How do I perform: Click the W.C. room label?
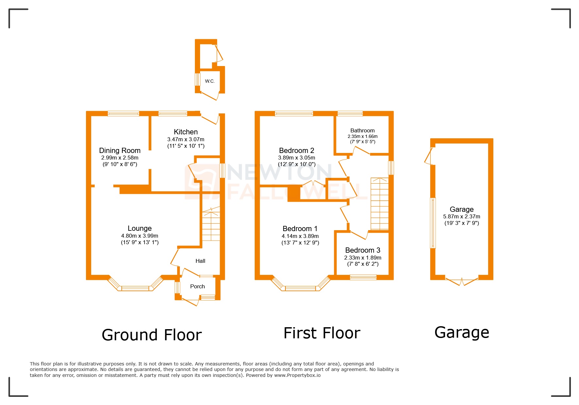(210, 81)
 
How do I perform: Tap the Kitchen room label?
(186, 132)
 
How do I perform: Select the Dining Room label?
(120, 150)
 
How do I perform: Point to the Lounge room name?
(140, 228)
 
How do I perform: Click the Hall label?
(200, 261)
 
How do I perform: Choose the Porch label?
(197, 286)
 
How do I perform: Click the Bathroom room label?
(362, 130)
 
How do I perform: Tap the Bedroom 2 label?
(297, 150)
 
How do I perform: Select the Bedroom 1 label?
(300, 228)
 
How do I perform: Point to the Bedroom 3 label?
(363, 250)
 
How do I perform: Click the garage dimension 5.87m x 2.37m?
(461, 216)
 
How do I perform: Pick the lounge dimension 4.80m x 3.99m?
(140, 236)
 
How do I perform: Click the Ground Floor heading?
(152, 335)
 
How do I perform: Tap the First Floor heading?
(322, 333)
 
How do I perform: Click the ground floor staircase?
(211, 226)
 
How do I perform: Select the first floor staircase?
(380, 204)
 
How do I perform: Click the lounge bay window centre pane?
(135, 288)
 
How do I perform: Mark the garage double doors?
(462, 281)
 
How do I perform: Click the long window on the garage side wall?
(433, 223)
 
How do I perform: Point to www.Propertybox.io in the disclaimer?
(297, 375)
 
